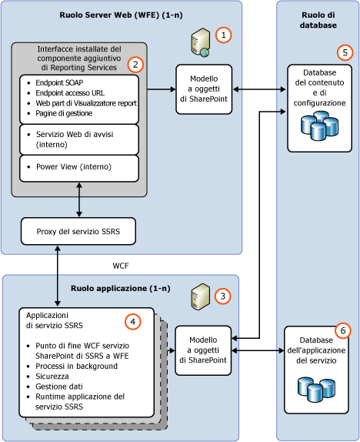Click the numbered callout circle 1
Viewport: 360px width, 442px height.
point(223,35)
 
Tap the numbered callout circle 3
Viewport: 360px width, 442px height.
point(223,296)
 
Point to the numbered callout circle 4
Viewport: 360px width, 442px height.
point(133,322)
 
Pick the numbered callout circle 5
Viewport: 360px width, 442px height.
point(344,53)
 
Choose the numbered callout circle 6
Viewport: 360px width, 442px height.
point(344,330)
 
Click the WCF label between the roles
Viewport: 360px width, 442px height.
point(121,265)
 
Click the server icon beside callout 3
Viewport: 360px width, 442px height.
point(201,293)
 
